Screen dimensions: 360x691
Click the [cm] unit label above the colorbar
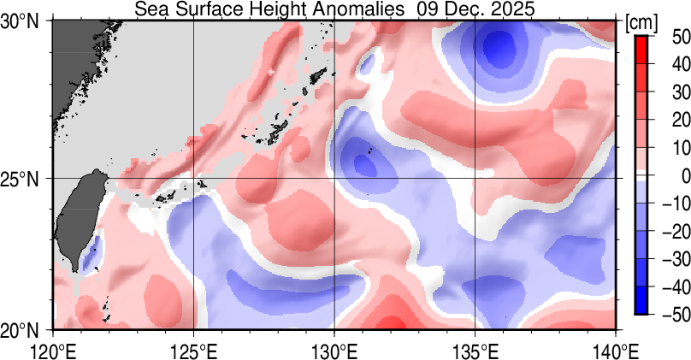pos(641,22)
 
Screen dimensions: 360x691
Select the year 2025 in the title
pos(511,9)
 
